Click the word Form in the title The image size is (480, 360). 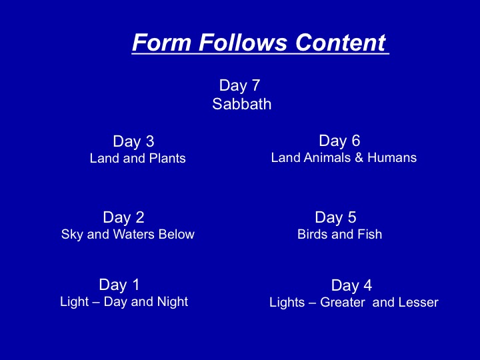tap(162, 42)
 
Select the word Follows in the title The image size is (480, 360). tap(243, 42)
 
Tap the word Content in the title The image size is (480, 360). tap(341, 42)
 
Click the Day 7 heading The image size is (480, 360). tap(240, 85)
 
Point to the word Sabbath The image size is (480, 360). tap(242, 104)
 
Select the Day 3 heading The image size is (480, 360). tap(133, 141)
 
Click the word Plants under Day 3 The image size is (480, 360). tap(167, 158)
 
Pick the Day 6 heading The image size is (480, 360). tap(339, 141)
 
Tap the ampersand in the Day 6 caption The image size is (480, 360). tap(359, 157)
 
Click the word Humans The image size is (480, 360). tap(392, 157)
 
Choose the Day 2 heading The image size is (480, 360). tap(124, 217)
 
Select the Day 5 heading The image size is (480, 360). tap(336, 217)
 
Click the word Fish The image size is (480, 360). tap(371, 235)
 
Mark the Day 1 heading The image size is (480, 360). tap(119, 285)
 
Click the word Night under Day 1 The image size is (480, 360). tap(173, 302)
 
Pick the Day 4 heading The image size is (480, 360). tap(352, 285)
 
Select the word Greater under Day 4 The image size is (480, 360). tap(343, 303)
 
